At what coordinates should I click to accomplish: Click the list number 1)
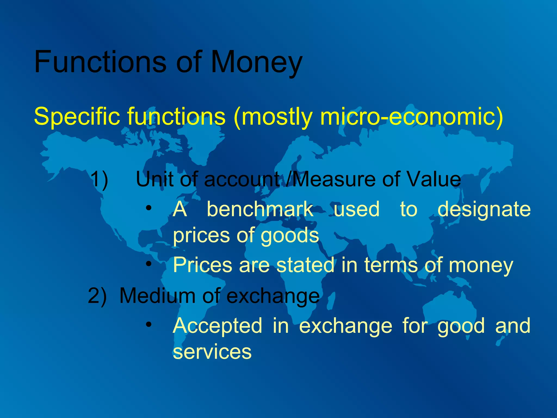click(99, 179)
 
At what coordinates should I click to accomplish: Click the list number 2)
click(97, 296)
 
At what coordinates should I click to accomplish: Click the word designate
click(484, 210)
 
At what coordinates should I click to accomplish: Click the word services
click(212, 352)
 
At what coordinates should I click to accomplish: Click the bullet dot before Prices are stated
click(148, 263)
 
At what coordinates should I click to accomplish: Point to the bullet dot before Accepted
click(148, 324)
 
